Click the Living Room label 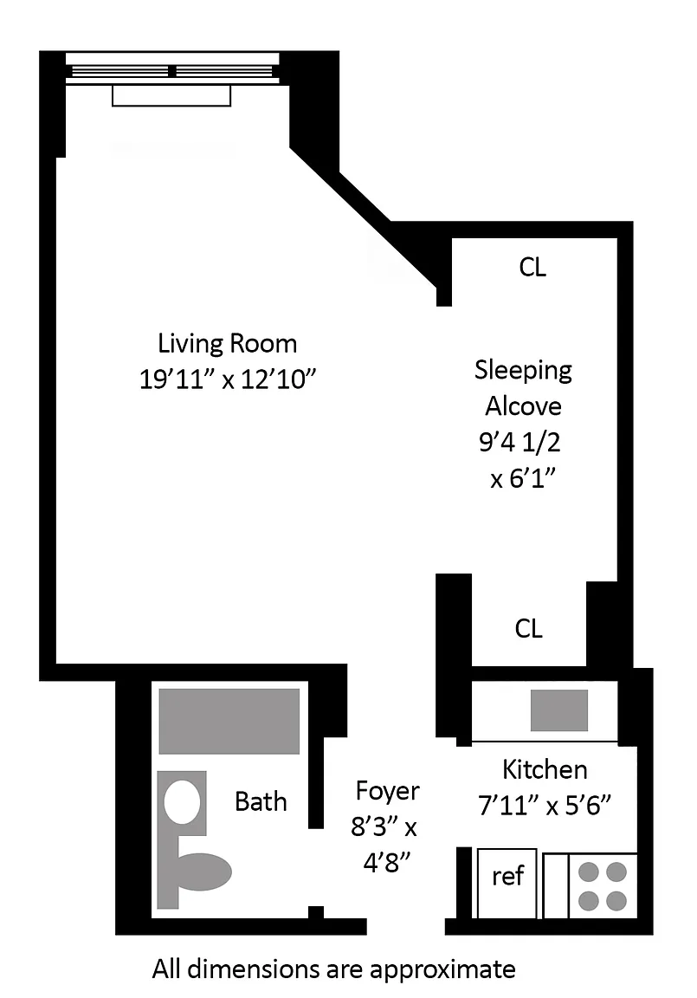pos(227,344)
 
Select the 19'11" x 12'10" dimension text pos(228,379)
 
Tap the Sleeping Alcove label pos(523,387)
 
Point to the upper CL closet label pos(532,268)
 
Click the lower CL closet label pos(528,628)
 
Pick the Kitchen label pos(545,769)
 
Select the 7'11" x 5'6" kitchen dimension pos(545,806)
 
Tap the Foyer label pos(387,791)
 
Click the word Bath pos(261,801)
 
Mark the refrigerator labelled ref pos(507,884)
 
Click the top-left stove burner pos(588,872)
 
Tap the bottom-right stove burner pos(616,901)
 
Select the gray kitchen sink pos(559,710)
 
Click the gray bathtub pos(229,721)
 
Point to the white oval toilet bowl pos(183,802)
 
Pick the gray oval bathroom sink pos(203,872)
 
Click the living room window pos(172,70)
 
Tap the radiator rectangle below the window pos(171,95)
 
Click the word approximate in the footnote pos(442,970)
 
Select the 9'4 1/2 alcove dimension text pos(520,442)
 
